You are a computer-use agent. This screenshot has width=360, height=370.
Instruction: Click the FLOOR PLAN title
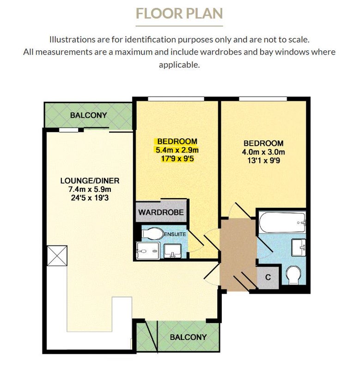(179, 13)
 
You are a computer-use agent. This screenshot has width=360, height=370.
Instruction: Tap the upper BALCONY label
(89, 115)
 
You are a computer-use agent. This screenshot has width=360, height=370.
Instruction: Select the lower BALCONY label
(188, 337)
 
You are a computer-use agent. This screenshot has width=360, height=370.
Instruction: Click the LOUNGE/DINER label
(90, 181)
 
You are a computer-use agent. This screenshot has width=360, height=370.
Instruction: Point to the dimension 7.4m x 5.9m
(90, 189)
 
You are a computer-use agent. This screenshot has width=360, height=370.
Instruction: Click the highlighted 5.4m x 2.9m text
(177, 150)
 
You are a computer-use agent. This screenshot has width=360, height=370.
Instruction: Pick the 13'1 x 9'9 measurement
(263, 160)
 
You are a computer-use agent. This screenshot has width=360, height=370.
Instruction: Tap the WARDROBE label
(161, 212)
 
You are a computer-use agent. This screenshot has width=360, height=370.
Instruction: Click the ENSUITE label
(175, 234)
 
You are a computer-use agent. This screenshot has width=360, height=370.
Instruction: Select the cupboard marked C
(268, 277)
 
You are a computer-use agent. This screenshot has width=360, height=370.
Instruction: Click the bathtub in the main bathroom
(282, 222)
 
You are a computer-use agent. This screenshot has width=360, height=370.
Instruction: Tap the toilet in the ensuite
(153, 234)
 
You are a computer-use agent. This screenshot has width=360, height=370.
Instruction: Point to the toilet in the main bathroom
(293, 275)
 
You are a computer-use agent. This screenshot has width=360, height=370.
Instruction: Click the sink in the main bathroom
(299, 247)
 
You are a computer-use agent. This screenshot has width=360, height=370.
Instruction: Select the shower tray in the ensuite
(148, 251)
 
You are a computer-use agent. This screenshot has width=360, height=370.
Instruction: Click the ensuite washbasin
(172, 251)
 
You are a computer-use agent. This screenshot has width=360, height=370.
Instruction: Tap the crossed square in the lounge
(57, 256)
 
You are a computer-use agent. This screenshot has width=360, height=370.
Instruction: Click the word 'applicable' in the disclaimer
(179, 65)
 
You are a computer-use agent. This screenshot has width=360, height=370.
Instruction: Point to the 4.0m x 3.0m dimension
(263, 152)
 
